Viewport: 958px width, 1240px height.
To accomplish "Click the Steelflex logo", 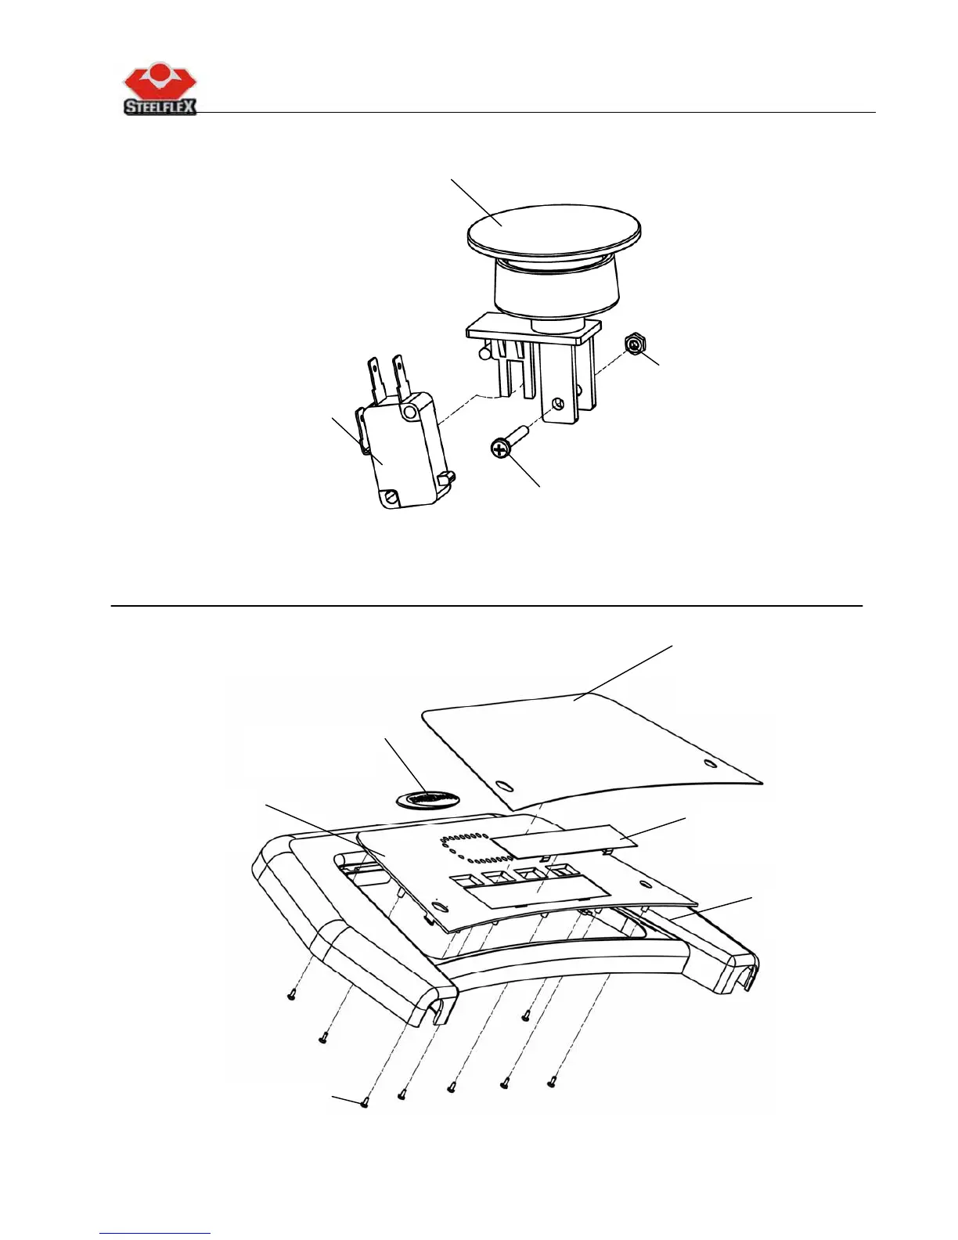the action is click(160, 90).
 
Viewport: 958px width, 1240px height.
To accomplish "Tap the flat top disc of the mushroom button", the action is click(553, 224).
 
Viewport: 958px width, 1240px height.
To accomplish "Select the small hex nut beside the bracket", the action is click(634, 344).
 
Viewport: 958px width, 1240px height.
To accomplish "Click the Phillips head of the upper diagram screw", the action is click(499, 449).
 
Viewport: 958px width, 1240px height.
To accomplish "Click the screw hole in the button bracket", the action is click(556, 404).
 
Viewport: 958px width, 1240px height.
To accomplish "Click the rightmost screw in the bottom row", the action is click(553, 1083).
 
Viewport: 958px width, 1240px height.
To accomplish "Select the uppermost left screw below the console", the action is click(291, 996).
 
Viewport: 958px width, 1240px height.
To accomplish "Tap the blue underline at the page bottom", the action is click(155, 1233).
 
